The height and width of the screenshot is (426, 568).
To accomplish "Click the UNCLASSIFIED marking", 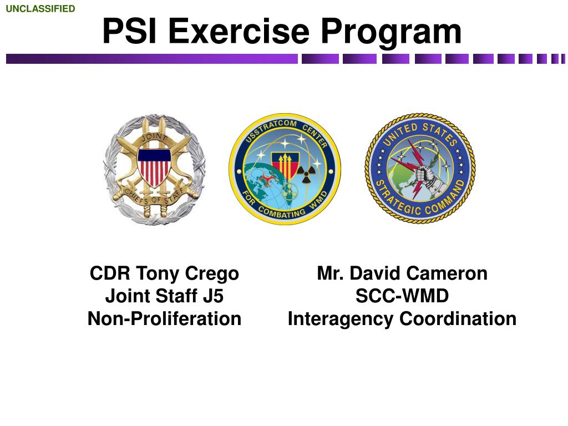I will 40,8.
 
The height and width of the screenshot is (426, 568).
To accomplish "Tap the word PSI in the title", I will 130,32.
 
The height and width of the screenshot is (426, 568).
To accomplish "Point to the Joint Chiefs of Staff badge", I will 154,169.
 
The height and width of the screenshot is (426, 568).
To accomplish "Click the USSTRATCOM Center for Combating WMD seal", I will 285,169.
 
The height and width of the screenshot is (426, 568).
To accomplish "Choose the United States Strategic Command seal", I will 420,169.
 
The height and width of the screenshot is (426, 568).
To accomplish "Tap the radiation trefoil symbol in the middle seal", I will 304,175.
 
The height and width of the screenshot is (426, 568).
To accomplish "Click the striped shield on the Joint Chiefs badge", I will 154,166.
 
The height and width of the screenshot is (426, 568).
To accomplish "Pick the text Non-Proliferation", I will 164,319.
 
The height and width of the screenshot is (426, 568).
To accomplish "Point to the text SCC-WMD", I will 402,296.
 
